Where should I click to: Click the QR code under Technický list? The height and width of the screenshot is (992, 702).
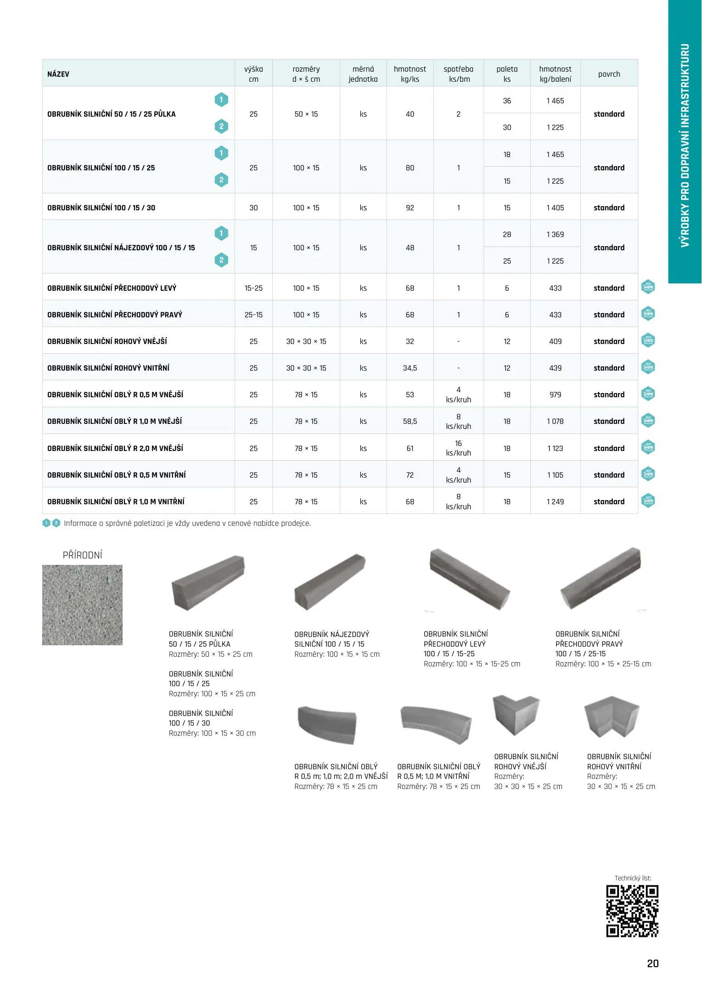(632, 911)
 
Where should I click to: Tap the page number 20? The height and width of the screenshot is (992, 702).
(652, 964)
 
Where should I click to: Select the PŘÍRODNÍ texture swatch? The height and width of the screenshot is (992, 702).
(82, 605)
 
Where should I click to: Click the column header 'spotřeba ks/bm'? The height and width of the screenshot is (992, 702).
(458, 74)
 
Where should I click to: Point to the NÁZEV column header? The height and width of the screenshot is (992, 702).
(58, 74)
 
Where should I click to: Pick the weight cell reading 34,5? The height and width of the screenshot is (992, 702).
(410, 368)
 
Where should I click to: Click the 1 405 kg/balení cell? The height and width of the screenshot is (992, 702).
(555, 208)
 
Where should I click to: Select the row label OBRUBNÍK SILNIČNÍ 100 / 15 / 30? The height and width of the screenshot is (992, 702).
(101, 208)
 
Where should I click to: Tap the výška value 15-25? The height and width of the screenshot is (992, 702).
(253, 288)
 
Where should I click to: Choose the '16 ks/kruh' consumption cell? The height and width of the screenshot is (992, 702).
(458, 448)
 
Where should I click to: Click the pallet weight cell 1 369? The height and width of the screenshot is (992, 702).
(555, 234)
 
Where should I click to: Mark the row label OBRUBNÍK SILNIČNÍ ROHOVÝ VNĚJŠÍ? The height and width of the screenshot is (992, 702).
(107, 341)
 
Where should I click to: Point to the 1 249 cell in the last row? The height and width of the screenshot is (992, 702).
(555, 502)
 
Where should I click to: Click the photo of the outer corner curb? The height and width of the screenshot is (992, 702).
(516, 715)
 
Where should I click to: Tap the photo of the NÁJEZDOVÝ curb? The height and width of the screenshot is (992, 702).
(330, 581)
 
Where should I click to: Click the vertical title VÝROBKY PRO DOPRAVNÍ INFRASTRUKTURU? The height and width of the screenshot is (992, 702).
(685, 145)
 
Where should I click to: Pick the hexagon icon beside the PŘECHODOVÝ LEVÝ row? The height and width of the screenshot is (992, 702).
(648, 287)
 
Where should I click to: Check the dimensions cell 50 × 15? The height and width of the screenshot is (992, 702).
(306, 114)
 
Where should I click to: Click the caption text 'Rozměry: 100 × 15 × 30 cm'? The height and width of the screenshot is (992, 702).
(212, 733)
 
